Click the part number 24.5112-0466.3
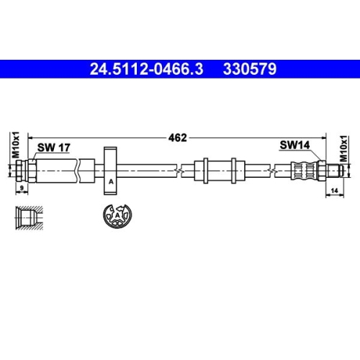tap(147, 70)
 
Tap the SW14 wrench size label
tap(294, 145)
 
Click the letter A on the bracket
tap(111, 182)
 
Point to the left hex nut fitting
tap(31, 171)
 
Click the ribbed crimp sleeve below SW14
tap(304, 171)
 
